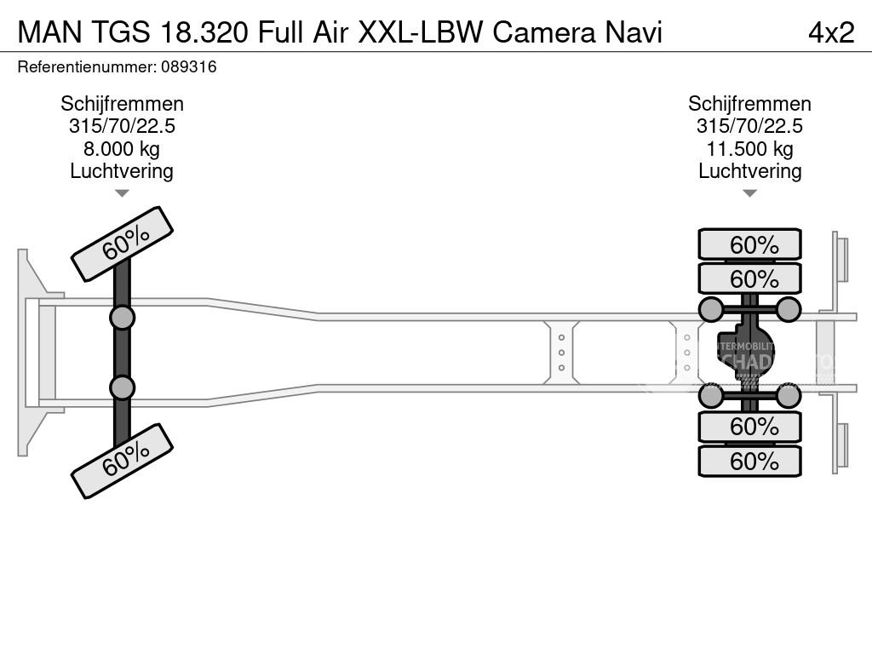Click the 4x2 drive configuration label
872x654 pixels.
830,32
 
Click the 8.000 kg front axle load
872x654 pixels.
122,149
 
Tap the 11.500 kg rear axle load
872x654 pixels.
749,149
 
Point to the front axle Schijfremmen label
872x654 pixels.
122,104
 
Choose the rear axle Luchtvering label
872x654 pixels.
749,171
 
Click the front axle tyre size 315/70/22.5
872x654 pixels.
122,126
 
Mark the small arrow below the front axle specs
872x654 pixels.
122,193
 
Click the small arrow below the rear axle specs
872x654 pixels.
749,193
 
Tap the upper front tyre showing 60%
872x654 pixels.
122,244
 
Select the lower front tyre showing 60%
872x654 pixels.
122,462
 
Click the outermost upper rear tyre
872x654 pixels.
749,244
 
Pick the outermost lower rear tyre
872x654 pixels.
749,461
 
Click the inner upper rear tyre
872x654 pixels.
749,278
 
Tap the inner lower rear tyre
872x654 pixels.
749,426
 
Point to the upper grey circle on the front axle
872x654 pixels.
122,318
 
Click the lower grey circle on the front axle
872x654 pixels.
122,387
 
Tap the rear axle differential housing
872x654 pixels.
746,352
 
